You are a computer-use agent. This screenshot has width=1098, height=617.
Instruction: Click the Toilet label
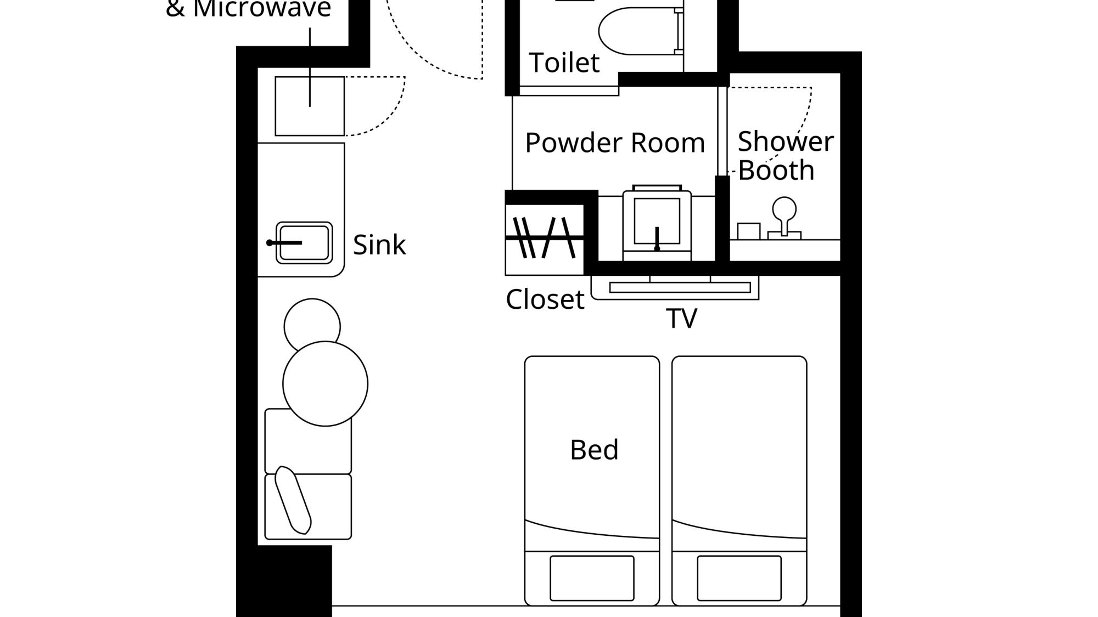click(x=564, y=63)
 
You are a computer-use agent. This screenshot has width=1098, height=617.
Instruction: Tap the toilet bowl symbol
click(x=637, y=31)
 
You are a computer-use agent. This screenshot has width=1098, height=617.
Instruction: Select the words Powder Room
click(x=615, y=143)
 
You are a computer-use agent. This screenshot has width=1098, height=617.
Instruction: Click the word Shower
click(x=786, y=141)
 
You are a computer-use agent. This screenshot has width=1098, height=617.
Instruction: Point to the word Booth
click(x=776, y=170)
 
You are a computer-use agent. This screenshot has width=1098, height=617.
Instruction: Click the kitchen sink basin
click(x=304, y=242)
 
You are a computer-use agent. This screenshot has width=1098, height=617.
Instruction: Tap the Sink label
click(x=379, y=245)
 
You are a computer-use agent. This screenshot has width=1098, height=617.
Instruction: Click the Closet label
click(x=545, y=299)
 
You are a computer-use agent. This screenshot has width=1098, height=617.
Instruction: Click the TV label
click(x=681, y=318)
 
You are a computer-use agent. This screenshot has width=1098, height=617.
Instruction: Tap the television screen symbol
click(x=680, y=287)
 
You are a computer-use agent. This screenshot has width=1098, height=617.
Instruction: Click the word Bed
click(x=594, y=450)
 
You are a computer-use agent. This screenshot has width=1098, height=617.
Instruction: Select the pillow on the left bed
click(x=592, y=578)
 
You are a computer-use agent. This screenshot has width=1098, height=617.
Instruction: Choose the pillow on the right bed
click(x=739, y=578)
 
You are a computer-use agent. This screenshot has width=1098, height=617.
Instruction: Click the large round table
click(x=325, y=383)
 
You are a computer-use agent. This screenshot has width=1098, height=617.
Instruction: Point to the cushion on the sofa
click(x=293, y=500)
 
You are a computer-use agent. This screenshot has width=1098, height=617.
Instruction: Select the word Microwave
click(x=262, y=8)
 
